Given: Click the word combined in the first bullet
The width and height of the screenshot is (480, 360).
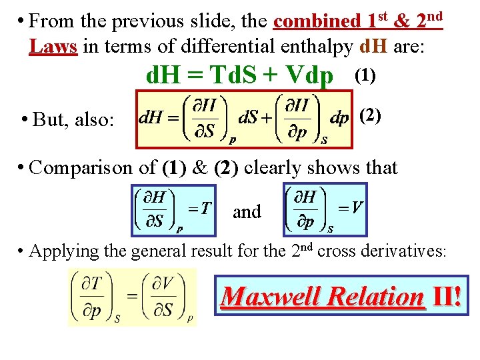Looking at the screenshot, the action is point(317,21).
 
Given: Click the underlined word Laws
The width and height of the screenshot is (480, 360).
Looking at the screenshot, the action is point(53,47).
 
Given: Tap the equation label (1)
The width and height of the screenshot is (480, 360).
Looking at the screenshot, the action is point(365,75).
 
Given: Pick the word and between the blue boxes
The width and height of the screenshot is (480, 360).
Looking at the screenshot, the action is point(247,212).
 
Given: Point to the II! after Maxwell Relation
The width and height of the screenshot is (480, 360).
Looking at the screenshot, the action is point(445,295).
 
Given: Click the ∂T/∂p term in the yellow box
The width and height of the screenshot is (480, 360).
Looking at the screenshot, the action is point(93,297).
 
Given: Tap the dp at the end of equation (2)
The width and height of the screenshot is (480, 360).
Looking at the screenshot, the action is point(339,118).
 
